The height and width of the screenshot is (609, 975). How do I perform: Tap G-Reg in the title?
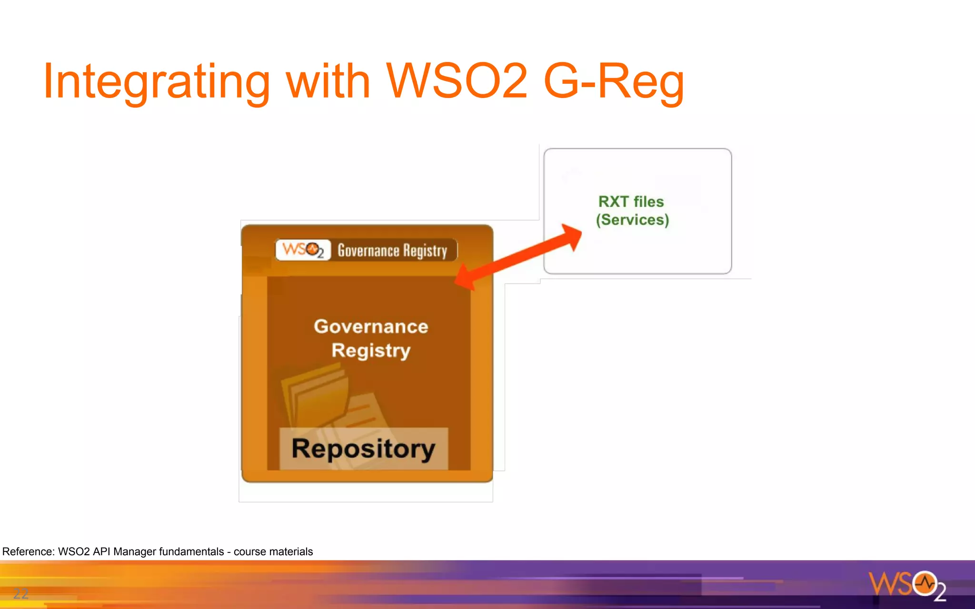tap(614, 82)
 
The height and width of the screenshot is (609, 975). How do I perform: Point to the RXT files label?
tap(631, 201)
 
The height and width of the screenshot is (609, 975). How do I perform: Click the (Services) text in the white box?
tap(632, 220)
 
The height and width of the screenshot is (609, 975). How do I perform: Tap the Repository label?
tap(363, 449)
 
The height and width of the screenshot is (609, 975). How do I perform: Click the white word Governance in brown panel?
tap(371, 326)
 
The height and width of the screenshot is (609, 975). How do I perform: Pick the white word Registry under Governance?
tap(371, 351)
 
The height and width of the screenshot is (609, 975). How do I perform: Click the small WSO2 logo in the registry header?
tap(303, 250)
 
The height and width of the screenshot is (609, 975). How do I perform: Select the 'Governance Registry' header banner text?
tap(392, 250)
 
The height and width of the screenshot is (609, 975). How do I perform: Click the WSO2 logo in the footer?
tap(907, 585)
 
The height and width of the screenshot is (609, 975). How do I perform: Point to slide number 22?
tap(20, 593)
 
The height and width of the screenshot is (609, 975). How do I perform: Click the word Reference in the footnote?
tap(28, 551)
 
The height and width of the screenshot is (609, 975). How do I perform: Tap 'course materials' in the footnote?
tap(273, 551)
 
